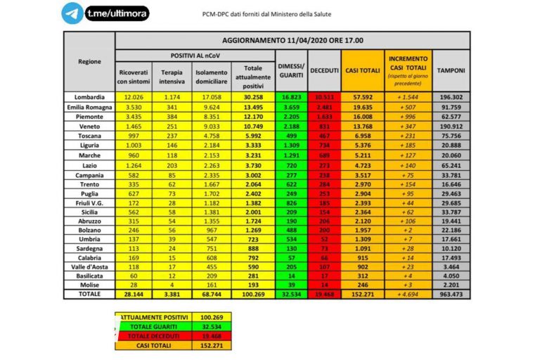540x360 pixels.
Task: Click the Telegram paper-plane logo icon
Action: point(72,13)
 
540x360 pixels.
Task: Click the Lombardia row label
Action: point(89,96)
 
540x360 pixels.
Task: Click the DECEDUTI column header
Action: point(323,71)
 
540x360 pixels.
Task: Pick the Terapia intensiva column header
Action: point(172,76)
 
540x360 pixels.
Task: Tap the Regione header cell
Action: point(89,61)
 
